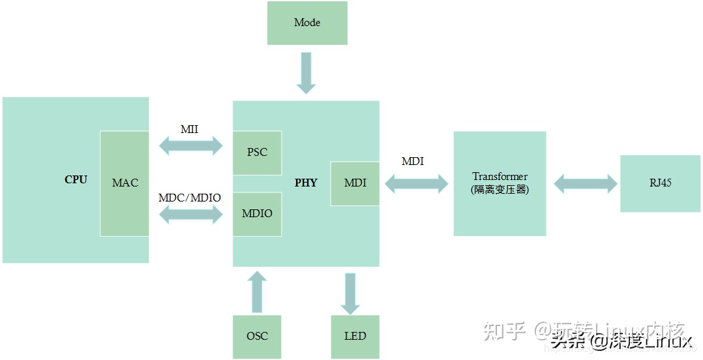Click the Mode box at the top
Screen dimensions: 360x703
[x=307, y=23]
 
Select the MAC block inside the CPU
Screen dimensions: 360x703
[x=125, y=183]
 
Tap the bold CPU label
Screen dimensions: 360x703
[x=76, y=180]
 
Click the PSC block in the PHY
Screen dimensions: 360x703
[x=257, y=153]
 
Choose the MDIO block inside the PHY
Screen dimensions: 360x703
[x=257, y=214]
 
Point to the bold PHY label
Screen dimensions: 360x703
[x=306, y=183]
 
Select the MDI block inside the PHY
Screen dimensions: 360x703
[x=355, y=183]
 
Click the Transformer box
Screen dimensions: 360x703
[x=500, y=183]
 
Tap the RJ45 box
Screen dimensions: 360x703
[x=660, y=183]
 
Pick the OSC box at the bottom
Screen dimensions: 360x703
[x=257, y=336]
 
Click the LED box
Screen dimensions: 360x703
[x=355, y=336]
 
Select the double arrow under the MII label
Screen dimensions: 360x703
[x=191, y=146]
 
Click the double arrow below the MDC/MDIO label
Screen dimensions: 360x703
[x=191, y=215]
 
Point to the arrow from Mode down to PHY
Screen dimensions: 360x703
[x=306, y=73]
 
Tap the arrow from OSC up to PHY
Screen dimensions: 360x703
[x=258, y=292]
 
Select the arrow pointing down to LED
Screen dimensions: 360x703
[x=351, y=293]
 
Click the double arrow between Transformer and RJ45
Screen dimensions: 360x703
[x=585, y=183]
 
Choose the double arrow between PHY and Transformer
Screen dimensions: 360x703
[x=416, y=184]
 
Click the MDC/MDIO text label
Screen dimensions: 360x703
[x=190, y=198]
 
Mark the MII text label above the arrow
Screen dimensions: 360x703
[x=189, y=129]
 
